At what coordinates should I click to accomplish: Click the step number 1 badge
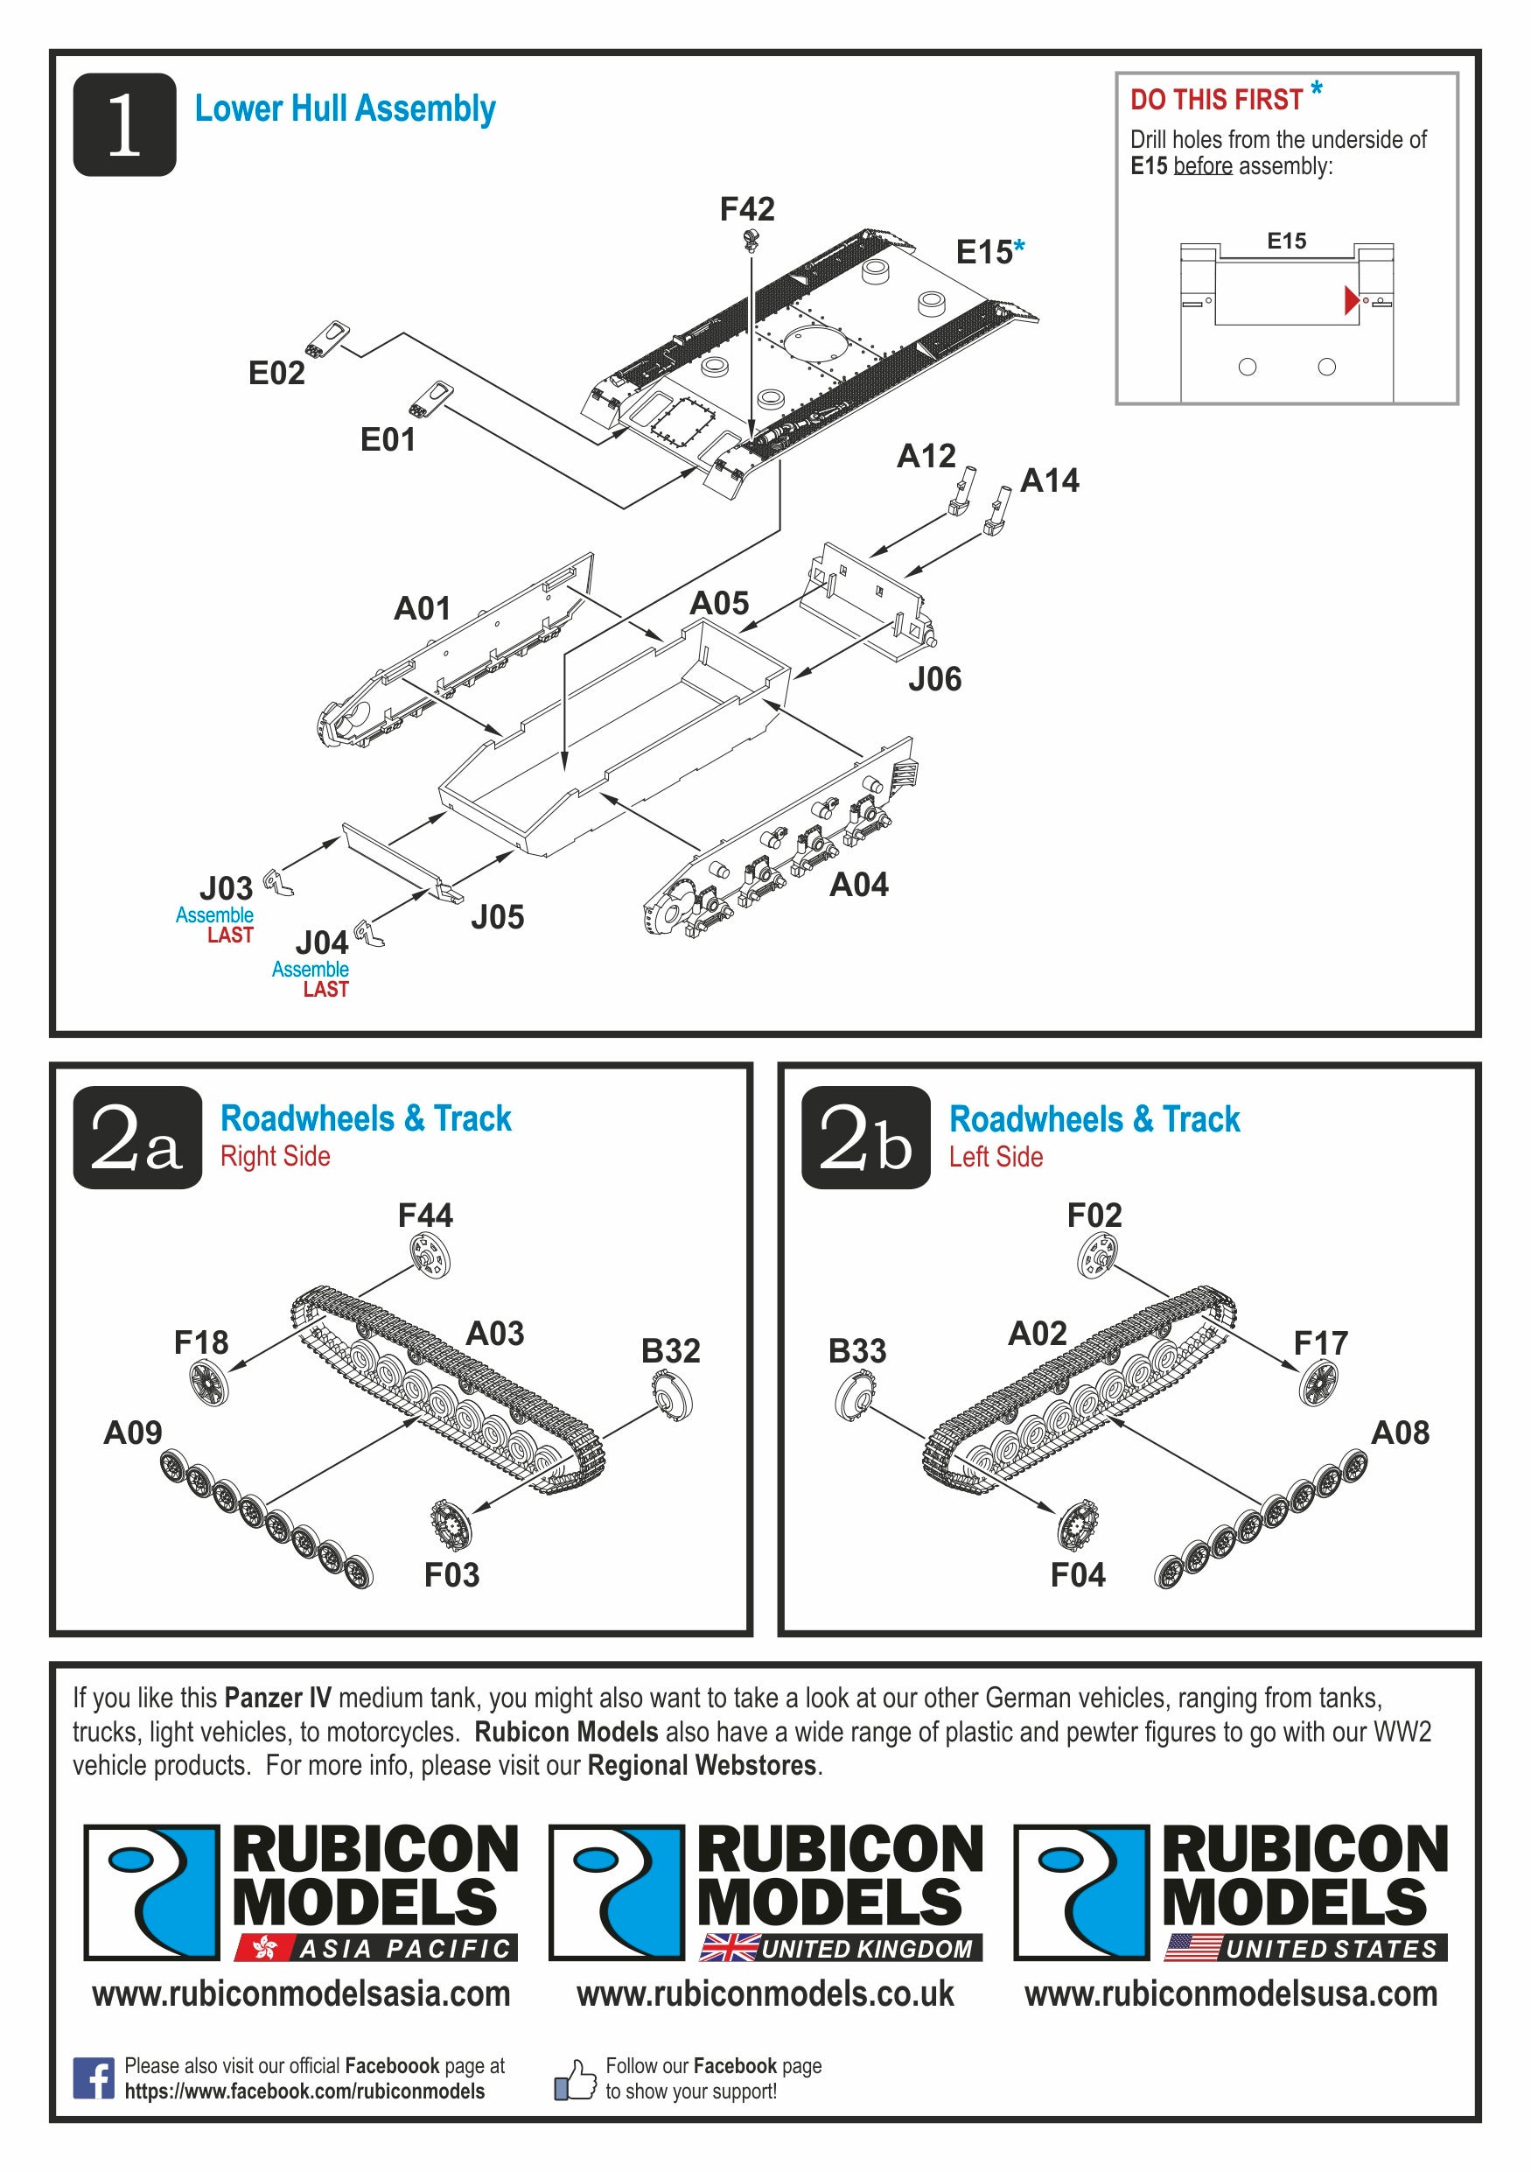pos(124,124)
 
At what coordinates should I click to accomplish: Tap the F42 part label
pos(746,208)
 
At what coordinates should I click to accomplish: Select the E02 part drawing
pos(328,339)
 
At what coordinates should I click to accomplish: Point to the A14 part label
pos(1049,480)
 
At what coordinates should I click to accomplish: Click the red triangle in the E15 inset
pos(1351,300)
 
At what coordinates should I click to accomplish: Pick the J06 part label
pos(934,679)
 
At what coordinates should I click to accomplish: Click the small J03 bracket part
pos(277,882)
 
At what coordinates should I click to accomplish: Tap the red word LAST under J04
pos(325,990)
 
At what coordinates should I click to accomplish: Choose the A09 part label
pos(132,1433)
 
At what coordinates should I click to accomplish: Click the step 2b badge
pos(865,1137)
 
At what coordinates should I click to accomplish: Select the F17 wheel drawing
pos(1318,1382)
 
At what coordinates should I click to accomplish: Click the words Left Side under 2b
pos(995,1157)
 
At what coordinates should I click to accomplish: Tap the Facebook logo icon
pos(93,2077)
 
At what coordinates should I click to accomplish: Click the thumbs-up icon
pos(575,2079)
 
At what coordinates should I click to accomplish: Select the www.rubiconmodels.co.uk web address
pos(765,1993)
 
